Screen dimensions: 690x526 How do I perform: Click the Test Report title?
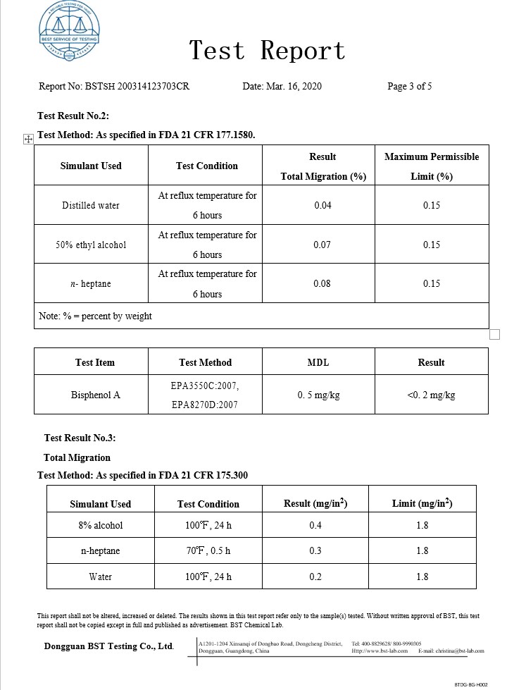[268, 51]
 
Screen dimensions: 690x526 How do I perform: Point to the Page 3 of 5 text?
[409, 87]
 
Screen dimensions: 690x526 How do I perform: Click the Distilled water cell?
[91, 206]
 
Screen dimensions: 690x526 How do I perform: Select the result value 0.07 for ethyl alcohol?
[323, 245]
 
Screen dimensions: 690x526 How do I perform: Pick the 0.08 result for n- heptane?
[323, 283]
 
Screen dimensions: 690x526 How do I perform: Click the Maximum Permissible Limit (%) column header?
[431, 166]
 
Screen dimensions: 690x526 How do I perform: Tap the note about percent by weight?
[95, 316]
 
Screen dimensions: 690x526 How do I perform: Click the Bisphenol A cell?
[96, 395]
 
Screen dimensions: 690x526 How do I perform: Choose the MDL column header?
[318, 362]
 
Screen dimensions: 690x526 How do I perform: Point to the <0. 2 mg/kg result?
[431, 395]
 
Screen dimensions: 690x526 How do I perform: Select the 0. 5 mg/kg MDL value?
[318, 395]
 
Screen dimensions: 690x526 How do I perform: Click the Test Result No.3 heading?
[80, 438]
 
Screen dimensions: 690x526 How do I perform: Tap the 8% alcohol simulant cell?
[101, 525]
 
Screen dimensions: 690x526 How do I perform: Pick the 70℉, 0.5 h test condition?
[208, 550]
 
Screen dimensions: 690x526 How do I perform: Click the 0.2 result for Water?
[315, 577]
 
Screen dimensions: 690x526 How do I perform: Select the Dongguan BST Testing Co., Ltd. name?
[108, 646]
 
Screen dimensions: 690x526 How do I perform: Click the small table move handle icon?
[29, 140]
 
